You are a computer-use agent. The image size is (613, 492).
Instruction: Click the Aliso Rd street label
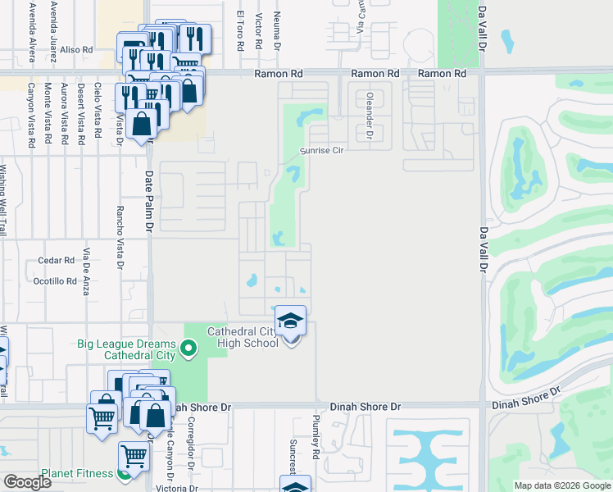[x=77, y=50]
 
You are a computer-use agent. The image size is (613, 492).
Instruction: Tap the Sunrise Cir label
[x=320, y=151]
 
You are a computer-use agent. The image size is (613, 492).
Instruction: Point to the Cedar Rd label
[x=57, y=261]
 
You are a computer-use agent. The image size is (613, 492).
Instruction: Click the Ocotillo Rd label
[x=54, y=280]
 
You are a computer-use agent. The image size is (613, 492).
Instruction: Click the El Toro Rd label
[x=241, y=31]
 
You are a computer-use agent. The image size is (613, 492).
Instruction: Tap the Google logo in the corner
[x=27, y=482]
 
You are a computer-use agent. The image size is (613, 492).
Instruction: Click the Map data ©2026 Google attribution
[x=562, y=485]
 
